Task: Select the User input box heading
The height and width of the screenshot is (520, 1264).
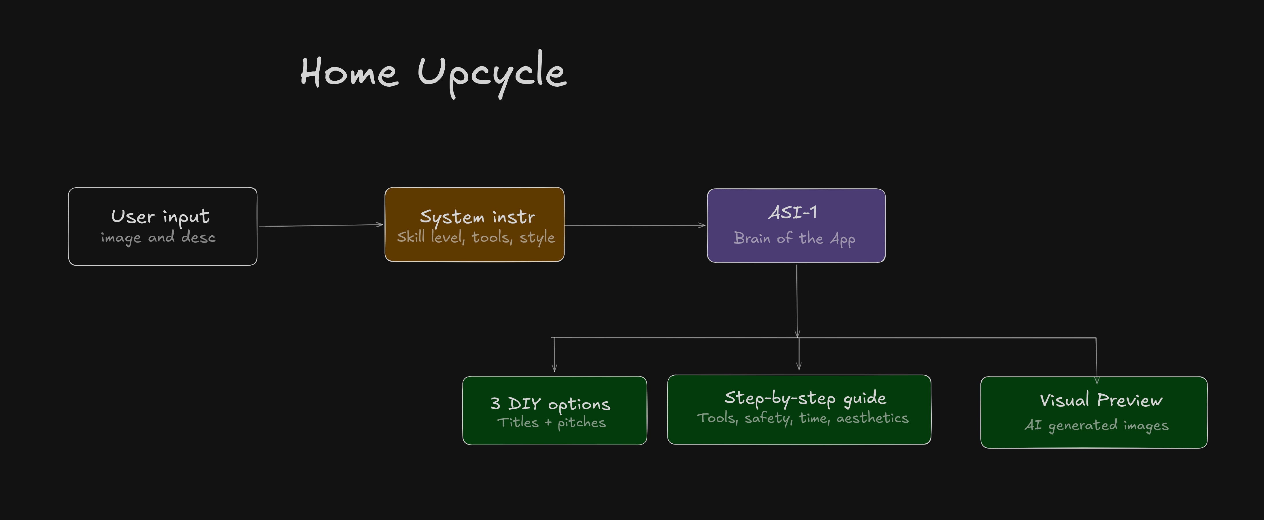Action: point(161,216)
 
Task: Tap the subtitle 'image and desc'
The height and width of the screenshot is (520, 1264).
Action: point(158,237)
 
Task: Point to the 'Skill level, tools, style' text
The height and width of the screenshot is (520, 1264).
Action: point(476,237)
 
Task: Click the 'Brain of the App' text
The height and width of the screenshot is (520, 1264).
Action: point(795,239)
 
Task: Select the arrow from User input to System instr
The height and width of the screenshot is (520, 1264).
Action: point(321,226)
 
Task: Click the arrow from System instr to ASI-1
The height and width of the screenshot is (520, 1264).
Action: point(635,226)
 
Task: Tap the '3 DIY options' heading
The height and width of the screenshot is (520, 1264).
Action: point(550,404)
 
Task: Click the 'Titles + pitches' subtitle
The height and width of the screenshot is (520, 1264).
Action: point(552,422)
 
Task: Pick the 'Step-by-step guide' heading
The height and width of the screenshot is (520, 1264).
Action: point(805,398)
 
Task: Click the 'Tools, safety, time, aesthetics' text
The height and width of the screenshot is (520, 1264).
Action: point(803,418)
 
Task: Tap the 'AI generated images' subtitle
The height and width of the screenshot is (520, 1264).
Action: point(1097,425)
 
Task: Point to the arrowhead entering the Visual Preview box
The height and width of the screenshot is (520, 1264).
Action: point(1097,380)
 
